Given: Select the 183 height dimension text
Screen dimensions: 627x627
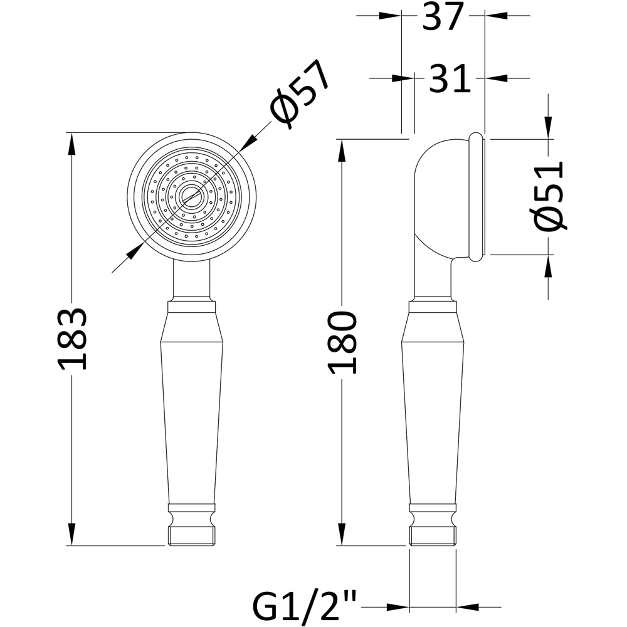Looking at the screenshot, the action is (x=72, y=339).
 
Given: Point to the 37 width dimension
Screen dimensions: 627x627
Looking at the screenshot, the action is (x=443, y=17).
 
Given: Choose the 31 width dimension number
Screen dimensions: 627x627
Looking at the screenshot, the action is (x=450, y=78).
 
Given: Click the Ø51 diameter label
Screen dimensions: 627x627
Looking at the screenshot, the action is (x=549, y=196).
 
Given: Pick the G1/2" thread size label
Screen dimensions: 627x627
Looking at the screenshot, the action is (x=305, y=607).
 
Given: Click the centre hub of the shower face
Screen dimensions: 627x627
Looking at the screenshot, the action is (x=191, y=196).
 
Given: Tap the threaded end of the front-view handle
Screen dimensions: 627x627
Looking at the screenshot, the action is (x=191, y=536).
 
